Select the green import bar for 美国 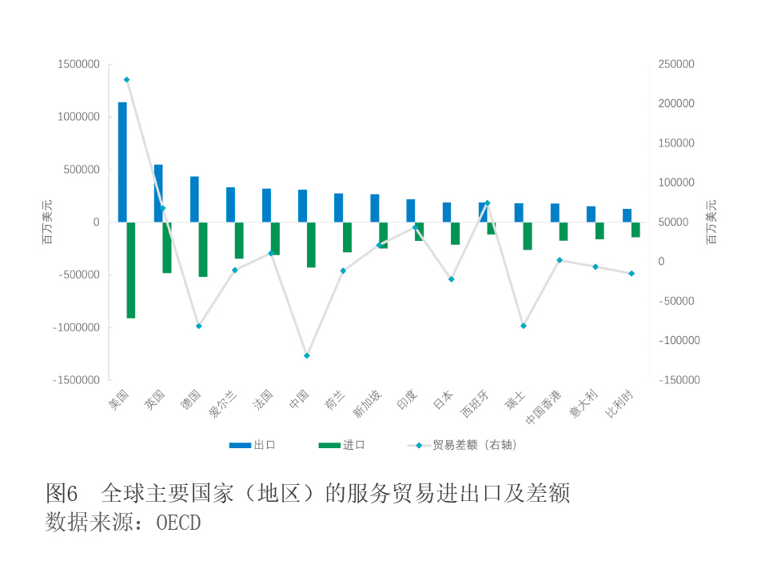click(x=131, y=270)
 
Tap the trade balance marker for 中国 click(x=307, y=355)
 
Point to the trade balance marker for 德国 click(x=199, y=326)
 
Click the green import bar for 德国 click(x=203, y=249)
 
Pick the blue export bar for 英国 click(x=158, y=193)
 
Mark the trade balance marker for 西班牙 click(x=487, y=203)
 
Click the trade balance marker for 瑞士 click(x=524, y=326)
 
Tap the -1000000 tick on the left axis click(x=76, y=327)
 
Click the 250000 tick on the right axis click(x=676, y=64)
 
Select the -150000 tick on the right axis click(x=679, y=380)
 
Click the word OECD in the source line click(x=178, y=523)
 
